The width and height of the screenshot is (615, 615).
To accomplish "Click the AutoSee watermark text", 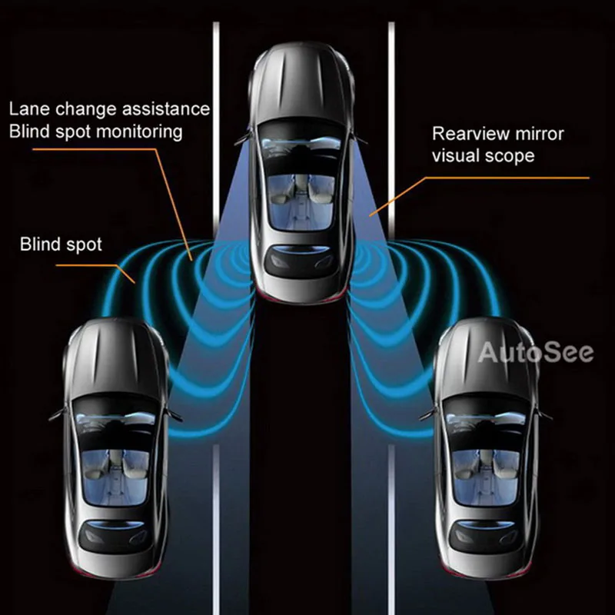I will click(536, 353).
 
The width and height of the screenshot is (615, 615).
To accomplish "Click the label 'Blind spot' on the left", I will click(61, 245).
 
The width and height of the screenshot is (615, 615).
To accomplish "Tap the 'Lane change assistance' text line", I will click(109, 108).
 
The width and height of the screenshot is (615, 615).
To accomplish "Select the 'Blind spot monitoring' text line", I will click(96, 131).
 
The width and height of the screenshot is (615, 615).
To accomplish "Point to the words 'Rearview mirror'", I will click(498, 134).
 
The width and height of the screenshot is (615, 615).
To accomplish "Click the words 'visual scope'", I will click(484, 156).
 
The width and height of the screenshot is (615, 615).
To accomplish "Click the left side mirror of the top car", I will click(243, 138).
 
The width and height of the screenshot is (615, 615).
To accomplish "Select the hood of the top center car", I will click(302, 85).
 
